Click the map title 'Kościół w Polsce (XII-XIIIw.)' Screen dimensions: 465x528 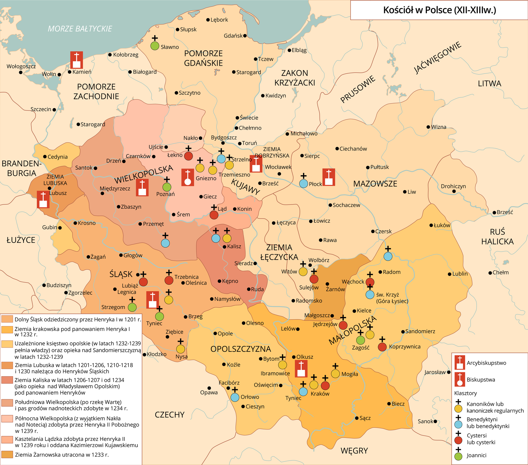click(439, 10)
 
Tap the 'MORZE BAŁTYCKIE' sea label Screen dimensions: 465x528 click(80, 29)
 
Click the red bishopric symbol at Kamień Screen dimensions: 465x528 click(76, 60)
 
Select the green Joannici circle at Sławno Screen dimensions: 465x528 click(155, 46)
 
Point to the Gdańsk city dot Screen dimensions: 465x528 click(245, 36)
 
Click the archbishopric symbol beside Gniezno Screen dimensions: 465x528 click(188, 177)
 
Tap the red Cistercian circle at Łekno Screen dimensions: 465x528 click(189, 156)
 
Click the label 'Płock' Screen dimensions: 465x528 click(315, 184)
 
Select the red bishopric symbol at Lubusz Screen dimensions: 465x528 click(43, 199)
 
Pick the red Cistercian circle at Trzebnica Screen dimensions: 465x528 click(169, 280)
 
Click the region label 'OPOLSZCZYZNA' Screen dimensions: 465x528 click(241, 349)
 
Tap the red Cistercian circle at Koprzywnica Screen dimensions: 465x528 click(382, 347)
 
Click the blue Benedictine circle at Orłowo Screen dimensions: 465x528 click(235, 397)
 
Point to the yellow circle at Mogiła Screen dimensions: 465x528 click(335, 374)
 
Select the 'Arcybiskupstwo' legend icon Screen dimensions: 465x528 click(460, 363)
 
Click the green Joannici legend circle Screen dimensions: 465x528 click(458, 456)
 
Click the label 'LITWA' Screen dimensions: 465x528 click(490, 84)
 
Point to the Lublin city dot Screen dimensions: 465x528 click(450, 274)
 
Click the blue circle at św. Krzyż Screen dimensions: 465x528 click(370, 295)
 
